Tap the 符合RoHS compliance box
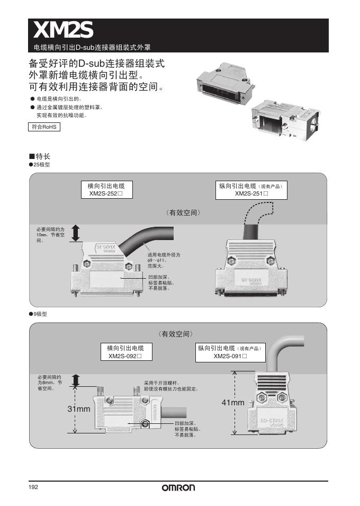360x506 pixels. coord(44,127)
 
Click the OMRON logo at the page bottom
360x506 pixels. coord(178,488)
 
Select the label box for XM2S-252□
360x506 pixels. coord(106,190)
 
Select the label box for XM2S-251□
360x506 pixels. coord(251,190)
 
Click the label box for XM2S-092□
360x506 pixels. coord(125,352)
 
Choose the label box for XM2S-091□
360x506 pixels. coord(230,352)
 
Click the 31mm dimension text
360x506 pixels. coord(79,409)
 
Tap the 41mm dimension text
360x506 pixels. coord(233,403)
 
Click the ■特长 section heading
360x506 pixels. coord(40,156)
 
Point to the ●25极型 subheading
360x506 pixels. coord(40,165)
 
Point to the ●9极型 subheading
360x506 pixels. coord(38,314)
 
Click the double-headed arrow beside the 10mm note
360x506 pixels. coord(75,232)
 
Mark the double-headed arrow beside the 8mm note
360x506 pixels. coord(75,380)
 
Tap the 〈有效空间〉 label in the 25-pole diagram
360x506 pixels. coord(183,212)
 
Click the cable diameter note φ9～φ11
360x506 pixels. coord(164,261)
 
